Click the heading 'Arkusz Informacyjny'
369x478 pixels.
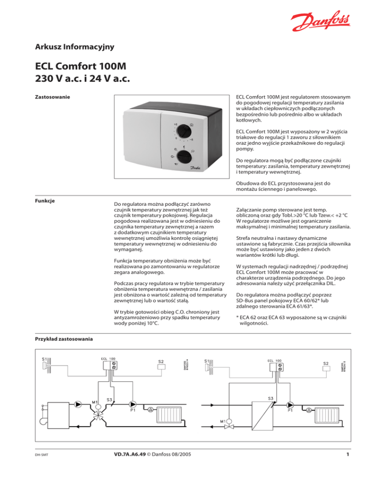pos(75,47)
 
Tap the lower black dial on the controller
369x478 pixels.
pos(184,157)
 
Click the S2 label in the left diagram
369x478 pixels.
pos(161,361)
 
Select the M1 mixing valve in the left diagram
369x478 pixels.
pos(99,409)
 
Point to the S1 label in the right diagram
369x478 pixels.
pos(206,360)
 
